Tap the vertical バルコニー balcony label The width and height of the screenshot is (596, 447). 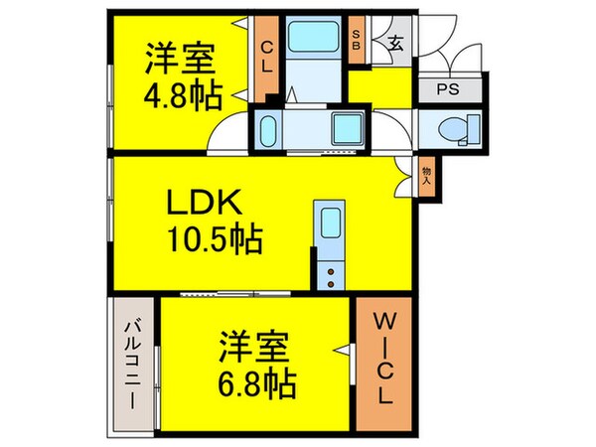(x=132, y=363)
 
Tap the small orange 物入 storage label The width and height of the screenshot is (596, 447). (x=426, y=176)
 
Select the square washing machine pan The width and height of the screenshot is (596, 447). (x=348, y=128)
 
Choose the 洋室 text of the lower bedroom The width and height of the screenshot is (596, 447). (x=254, y=347)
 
